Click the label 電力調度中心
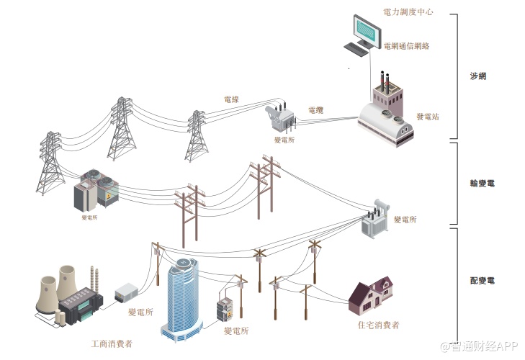tap(408, 13)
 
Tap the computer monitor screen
tap(366, 29)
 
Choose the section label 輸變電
tap(481, 184)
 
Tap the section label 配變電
tap(481, 280)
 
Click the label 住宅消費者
tap(378, 325)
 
